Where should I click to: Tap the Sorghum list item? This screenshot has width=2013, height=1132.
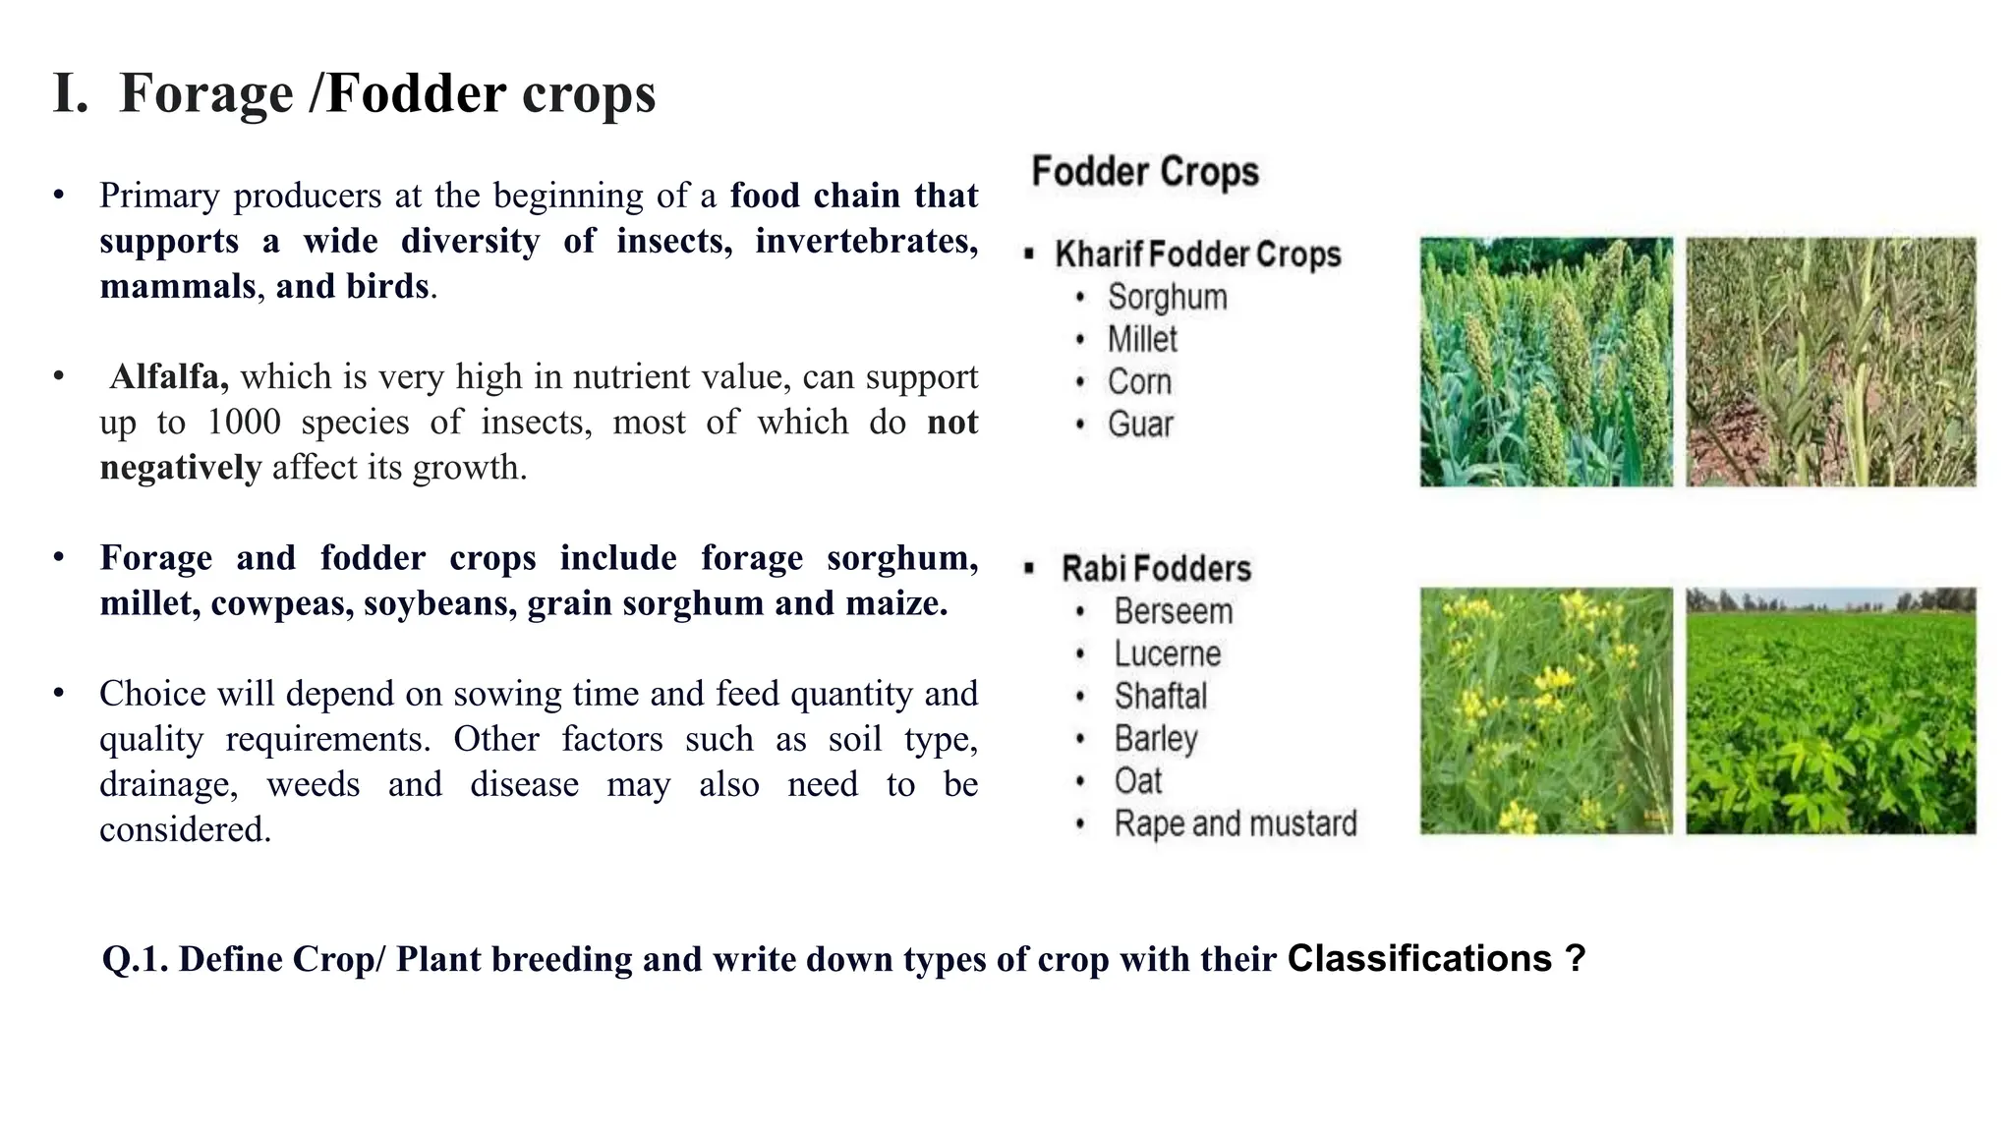pos(1167,297)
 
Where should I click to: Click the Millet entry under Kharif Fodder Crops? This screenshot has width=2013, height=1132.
pos(1142,339)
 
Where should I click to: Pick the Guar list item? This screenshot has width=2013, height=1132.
pos(1140,424)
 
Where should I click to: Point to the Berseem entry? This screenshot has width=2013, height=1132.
pos(1173,611)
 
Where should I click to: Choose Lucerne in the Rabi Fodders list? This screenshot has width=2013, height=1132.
pos(1167,653)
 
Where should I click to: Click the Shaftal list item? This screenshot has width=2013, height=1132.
pos(1160,696)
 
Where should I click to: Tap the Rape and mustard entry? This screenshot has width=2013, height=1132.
pos(1235,823)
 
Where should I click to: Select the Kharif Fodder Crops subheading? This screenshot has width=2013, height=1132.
pos(1197,255)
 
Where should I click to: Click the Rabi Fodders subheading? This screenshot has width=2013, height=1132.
pos(1156,569)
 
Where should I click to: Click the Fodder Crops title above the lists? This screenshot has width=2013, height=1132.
pos(1145,172)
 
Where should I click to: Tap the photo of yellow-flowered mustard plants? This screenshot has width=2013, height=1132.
pos(1545,710)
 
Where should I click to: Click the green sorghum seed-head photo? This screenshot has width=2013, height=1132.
pos(1545,362)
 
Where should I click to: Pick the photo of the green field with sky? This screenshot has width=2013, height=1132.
pos(1830,710)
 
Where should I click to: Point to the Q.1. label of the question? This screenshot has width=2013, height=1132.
pos(136,959)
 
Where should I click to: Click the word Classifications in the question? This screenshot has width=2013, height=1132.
pos(1419,958)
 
